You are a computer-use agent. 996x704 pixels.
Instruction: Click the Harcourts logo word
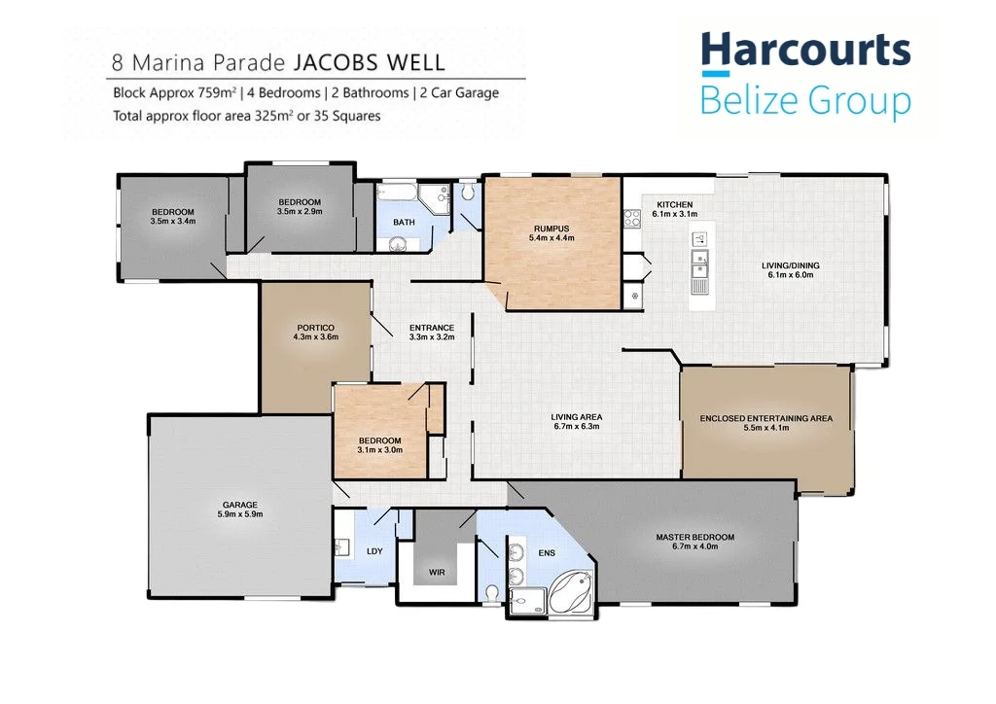click(806, 50)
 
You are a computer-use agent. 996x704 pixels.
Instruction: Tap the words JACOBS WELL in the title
click(369, 63)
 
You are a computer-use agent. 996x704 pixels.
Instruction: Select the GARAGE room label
click(240, 505)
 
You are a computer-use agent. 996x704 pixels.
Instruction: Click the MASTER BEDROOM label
click(694, 537)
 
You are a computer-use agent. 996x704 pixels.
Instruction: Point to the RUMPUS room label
click(551, 229)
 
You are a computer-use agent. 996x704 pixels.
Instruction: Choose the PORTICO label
click(316, 328)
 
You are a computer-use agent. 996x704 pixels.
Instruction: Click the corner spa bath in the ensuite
click(570, 591)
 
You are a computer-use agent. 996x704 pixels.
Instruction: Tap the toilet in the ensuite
click(490, 593)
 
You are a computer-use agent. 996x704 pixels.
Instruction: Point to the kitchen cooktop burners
click(632, 219)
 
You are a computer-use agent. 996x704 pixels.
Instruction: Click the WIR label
click(437, 573)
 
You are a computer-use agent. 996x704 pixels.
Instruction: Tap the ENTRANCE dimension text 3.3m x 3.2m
click(432, 337)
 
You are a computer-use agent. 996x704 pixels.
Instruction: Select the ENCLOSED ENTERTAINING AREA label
click(766, 418)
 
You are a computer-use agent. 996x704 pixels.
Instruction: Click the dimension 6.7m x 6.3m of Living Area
click(577, 427)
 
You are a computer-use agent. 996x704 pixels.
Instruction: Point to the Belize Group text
click(805, 101)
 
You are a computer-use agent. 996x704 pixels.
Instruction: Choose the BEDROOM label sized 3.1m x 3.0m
click(380, 440)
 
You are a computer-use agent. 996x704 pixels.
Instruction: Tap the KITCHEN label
click(675, 205)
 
